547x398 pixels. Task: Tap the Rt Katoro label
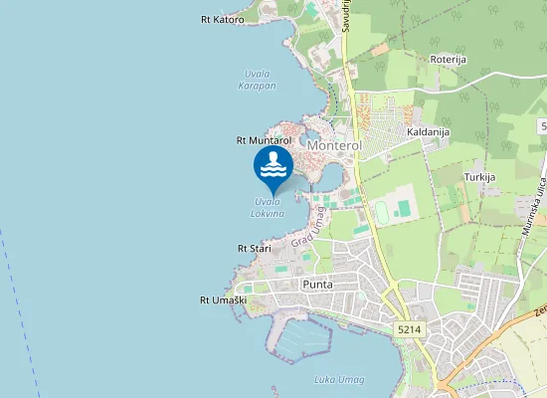tap(222, 19)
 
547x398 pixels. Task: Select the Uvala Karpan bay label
tap(258, 81)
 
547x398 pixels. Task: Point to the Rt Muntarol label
tap(264, 141)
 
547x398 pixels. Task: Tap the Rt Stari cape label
tap(255, 247)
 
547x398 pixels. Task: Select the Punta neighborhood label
tap(316, 285)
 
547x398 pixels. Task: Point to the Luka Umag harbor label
tap(338, 379)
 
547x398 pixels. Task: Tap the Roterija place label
tap(449, 60)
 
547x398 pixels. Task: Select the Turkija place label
tap(478, 176)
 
